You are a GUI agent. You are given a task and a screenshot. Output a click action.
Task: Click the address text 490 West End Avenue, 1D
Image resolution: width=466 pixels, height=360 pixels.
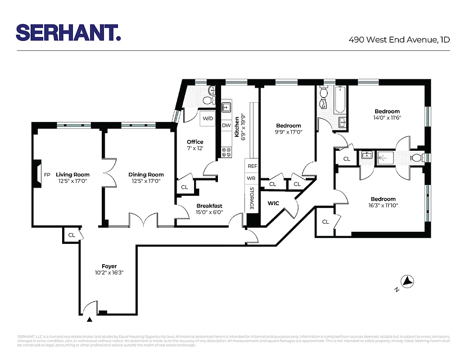399,40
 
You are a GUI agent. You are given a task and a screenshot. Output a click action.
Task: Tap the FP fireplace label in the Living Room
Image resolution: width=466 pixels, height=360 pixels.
47,175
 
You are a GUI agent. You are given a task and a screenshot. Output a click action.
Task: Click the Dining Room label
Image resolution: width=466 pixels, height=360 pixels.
146,175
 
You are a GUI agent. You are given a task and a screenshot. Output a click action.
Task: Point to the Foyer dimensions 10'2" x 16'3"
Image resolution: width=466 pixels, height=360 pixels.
109,273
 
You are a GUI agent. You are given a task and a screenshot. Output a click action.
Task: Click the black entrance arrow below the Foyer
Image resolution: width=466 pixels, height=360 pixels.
90,319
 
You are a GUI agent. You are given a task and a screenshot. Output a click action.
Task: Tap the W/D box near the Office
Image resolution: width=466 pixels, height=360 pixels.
208,118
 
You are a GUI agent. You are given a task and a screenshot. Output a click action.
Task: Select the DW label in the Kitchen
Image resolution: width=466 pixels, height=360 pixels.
226,126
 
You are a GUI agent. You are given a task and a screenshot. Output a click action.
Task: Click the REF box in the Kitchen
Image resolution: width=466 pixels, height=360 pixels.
252,166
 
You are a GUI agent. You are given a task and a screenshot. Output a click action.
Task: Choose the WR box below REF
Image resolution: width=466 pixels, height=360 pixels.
252,179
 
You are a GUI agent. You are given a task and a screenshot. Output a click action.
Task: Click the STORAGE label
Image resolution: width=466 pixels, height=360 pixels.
252,198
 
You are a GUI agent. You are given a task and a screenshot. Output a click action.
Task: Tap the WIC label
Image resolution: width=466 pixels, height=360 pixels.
273,203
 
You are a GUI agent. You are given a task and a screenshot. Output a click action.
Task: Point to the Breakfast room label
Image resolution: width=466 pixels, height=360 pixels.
209,206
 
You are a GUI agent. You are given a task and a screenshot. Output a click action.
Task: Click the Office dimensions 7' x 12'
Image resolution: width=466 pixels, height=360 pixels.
195,148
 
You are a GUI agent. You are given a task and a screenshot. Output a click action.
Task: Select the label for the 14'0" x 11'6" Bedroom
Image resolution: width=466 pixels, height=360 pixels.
387,112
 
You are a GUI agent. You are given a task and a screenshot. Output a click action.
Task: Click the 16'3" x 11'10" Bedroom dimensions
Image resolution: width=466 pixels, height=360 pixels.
383,205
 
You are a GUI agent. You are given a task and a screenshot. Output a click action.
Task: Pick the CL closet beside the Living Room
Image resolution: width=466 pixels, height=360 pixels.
72,235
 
